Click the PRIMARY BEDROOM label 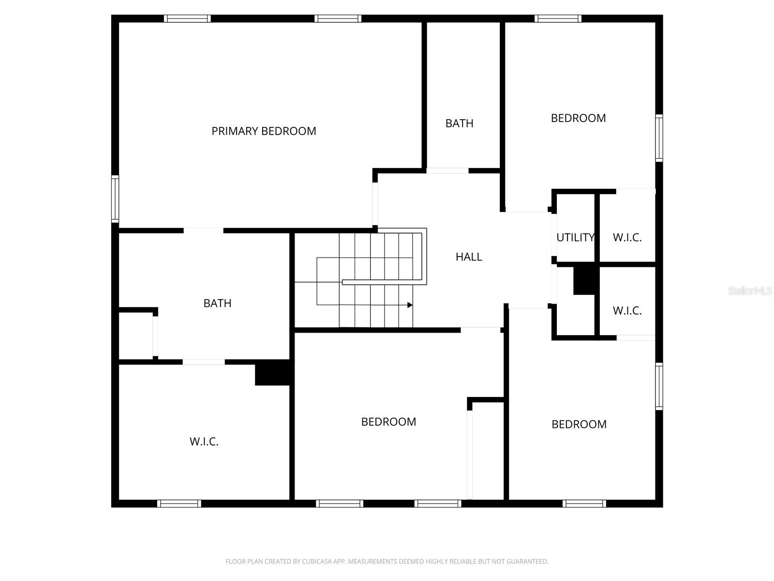click(264, 131)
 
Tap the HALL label click(469, 257)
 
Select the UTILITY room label click(575, 237)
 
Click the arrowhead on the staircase click(410, 305)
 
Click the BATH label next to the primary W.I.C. click(217, 303)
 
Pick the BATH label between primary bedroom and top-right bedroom click(459, 123)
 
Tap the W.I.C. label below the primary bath click(204, 442)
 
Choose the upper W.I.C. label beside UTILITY click(627, 237)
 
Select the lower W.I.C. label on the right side click(627, 310)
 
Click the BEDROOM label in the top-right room click(578, 118)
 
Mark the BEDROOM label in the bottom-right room click(579, 424)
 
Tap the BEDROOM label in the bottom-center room click(388, 422)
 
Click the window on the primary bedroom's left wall click(115, 199)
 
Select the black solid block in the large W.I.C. click(272, 373)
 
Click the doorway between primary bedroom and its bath click(203, 230)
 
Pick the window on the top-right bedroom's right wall click(659, 138)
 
